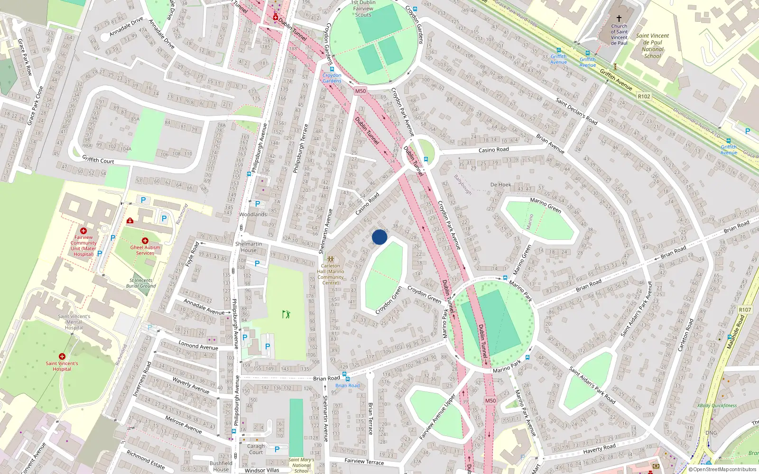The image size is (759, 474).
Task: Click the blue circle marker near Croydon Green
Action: pos(379,237)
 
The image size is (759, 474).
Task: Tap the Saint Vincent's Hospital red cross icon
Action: pos(62,356)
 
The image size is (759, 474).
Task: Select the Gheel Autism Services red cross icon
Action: pos(145,241)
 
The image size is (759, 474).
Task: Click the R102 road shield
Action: pos(644,96)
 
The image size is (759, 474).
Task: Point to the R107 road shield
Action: pos(745,310)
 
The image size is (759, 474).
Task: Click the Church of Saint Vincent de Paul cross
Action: pos(619,18)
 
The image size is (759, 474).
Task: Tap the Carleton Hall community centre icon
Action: pos(331,259)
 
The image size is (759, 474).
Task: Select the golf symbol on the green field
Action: pos(286,314)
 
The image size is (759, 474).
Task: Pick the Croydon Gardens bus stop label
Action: pos(332,78)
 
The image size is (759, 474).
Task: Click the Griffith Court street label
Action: pos(98,160)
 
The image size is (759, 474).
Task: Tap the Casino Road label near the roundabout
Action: pos(493,150)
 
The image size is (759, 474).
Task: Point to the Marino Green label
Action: pos(546,205)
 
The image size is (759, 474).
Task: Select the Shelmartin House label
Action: pos(249,247)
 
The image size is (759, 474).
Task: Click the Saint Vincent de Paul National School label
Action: pos(652,46)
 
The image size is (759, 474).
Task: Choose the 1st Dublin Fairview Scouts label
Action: pos(363,9)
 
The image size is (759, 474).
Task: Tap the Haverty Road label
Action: pos(599,448)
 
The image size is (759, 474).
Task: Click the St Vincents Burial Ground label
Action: pos(141,283)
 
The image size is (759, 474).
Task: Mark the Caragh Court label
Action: pos(256,449)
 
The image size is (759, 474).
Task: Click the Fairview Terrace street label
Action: pos(364,461)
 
